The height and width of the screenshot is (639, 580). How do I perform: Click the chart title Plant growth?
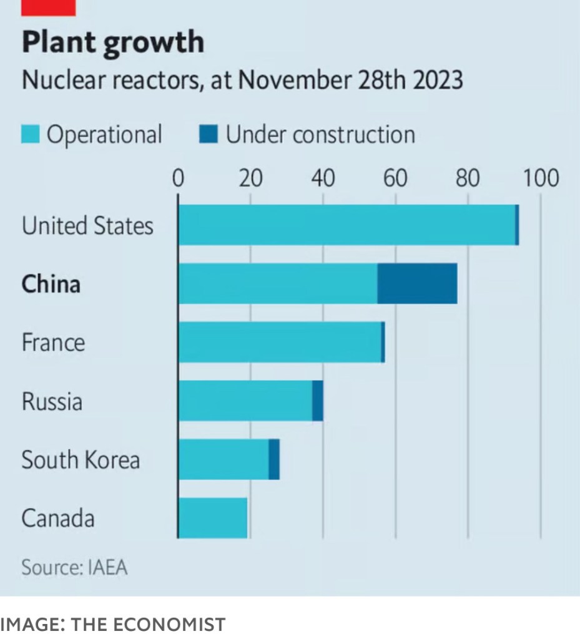pos(113,42)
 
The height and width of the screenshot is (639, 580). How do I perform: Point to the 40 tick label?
pos(323,179)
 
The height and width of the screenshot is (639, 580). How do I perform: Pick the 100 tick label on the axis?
pos(541,179)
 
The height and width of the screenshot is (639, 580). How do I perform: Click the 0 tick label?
pos(179,179)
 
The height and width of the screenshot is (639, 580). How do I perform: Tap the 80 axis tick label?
pos(468,179)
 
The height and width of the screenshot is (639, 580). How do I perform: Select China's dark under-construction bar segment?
pos(417,283)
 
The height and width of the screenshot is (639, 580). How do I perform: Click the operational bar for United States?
pos(347,225)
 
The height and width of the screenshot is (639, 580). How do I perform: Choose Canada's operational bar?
pos(213,518)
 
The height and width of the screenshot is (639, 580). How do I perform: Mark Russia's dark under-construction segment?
pos(318,401)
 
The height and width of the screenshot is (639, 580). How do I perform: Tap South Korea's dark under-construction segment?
pos(274,459)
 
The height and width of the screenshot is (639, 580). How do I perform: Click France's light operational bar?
pos(280,342)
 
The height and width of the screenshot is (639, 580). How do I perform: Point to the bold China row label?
pos(51,285)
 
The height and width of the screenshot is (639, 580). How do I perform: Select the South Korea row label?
pos(81,461)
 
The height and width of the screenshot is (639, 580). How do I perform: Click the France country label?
pos(53,343)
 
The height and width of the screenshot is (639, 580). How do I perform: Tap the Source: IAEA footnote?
pos(74,568)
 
